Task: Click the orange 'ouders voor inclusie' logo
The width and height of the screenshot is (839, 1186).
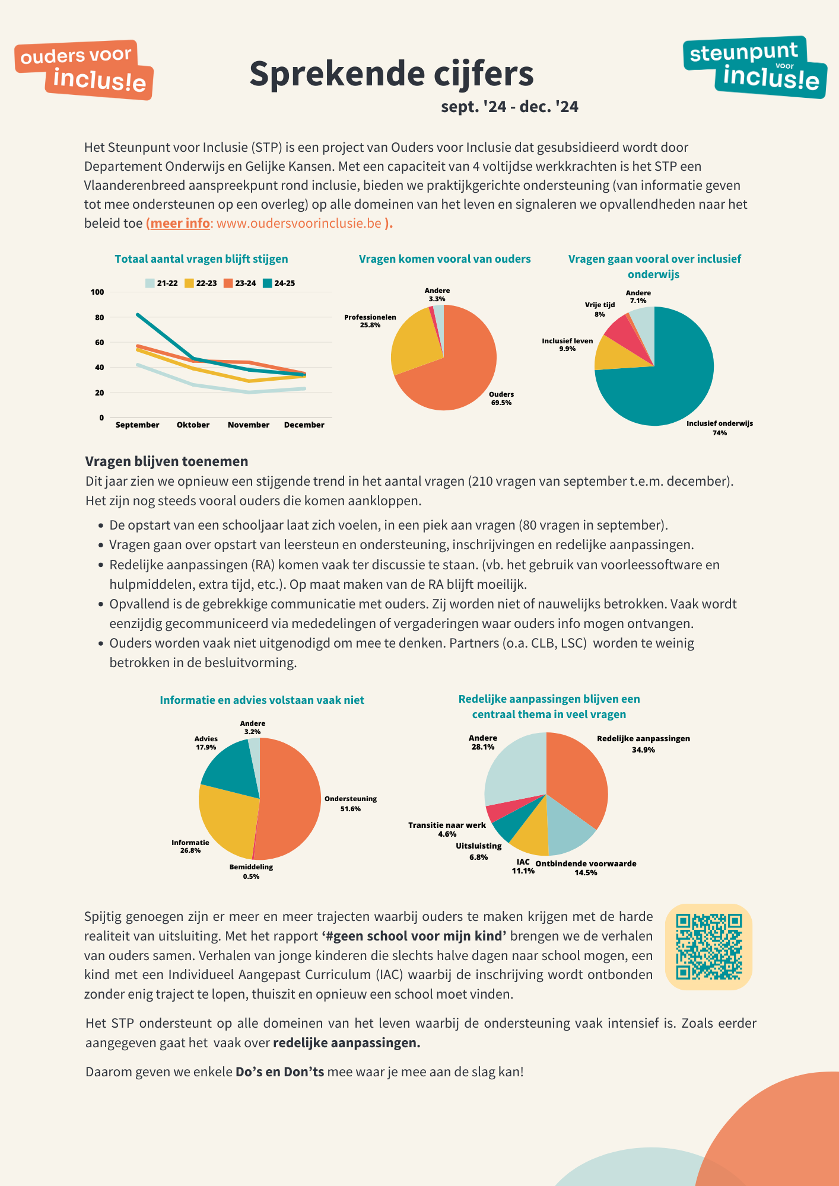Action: click(84, 70)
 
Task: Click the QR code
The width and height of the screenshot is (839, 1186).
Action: click(708, 946)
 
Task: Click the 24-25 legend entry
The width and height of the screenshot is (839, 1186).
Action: click(279, 283)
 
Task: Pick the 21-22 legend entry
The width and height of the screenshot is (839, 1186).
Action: click(161, 283)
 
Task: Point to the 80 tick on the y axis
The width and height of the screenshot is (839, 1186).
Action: click(99, 317)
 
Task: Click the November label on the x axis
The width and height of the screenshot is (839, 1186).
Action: click(249, 425)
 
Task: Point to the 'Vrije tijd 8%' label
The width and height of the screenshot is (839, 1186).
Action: click(600, 310)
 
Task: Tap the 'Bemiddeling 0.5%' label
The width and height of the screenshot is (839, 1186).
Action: click(251, 872)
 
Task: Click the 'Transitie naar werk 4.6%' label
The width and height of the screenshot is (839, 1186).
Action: click(447, 830)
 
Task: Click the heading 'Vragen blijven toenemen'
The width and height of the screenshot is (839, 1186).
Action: click(167, 461)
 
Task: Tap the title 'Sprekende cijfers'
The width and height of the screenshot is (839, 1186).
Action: click(392, 74)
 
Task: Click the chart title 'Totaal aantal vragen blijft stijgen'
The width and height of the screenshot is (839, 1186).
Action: click(201, 259)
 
